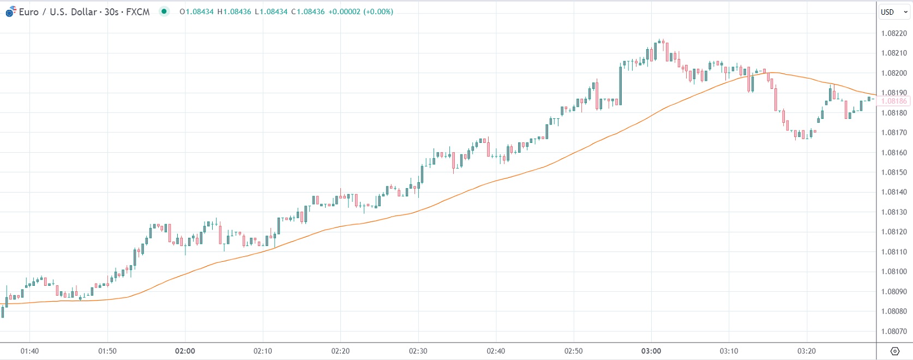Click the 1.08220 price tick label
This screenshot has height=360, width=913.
click(x=894, y=33)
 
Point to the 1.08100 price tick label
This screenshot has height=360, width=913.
click(x=894, y=272)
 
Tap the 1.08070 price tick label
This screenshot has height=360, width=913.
click(x=894, y=331)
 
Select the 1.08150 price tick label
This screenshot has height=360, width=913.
click(x=894, y=172)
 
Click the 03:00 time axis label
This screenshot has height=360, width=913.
click(x=651, y=351)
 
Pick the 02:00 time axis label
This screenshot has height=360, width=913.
click(x=185, y=351)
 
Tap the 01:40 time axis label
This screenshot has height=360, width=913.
click(x=29, y=351)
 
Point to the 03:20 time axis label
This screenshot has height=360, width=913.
click(x=806, y=351)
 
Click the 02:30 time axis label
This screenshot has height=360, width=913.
click(x=418, y=351)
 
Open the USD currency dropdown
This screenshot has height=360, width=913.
click(x=894, y=12)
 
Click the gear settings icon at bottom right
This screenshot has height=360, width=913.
click(x=894, y=351)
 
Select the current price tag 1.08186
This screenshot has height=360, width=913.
click(x=894, y=101)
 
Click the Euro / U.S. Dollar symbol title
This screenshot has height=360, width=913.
click(x=84, y=11)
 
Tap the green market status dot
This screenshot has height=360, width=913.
click(x=164, y=11)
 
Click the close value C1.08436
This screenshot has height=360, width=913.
click(x=308, y=11)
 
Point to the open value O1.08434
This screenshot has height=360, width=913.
click(x=196, y=11)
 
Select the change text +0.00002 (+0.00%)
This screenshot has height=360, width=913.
click(x=361, y=11)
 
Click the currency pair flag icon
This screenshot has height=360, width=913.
click(x=10, y=11)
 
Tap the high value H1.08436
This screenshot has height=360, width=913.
click(x=234, y=11)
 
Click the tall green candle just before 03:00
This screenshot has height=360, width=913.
click(x=621, y=85)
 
